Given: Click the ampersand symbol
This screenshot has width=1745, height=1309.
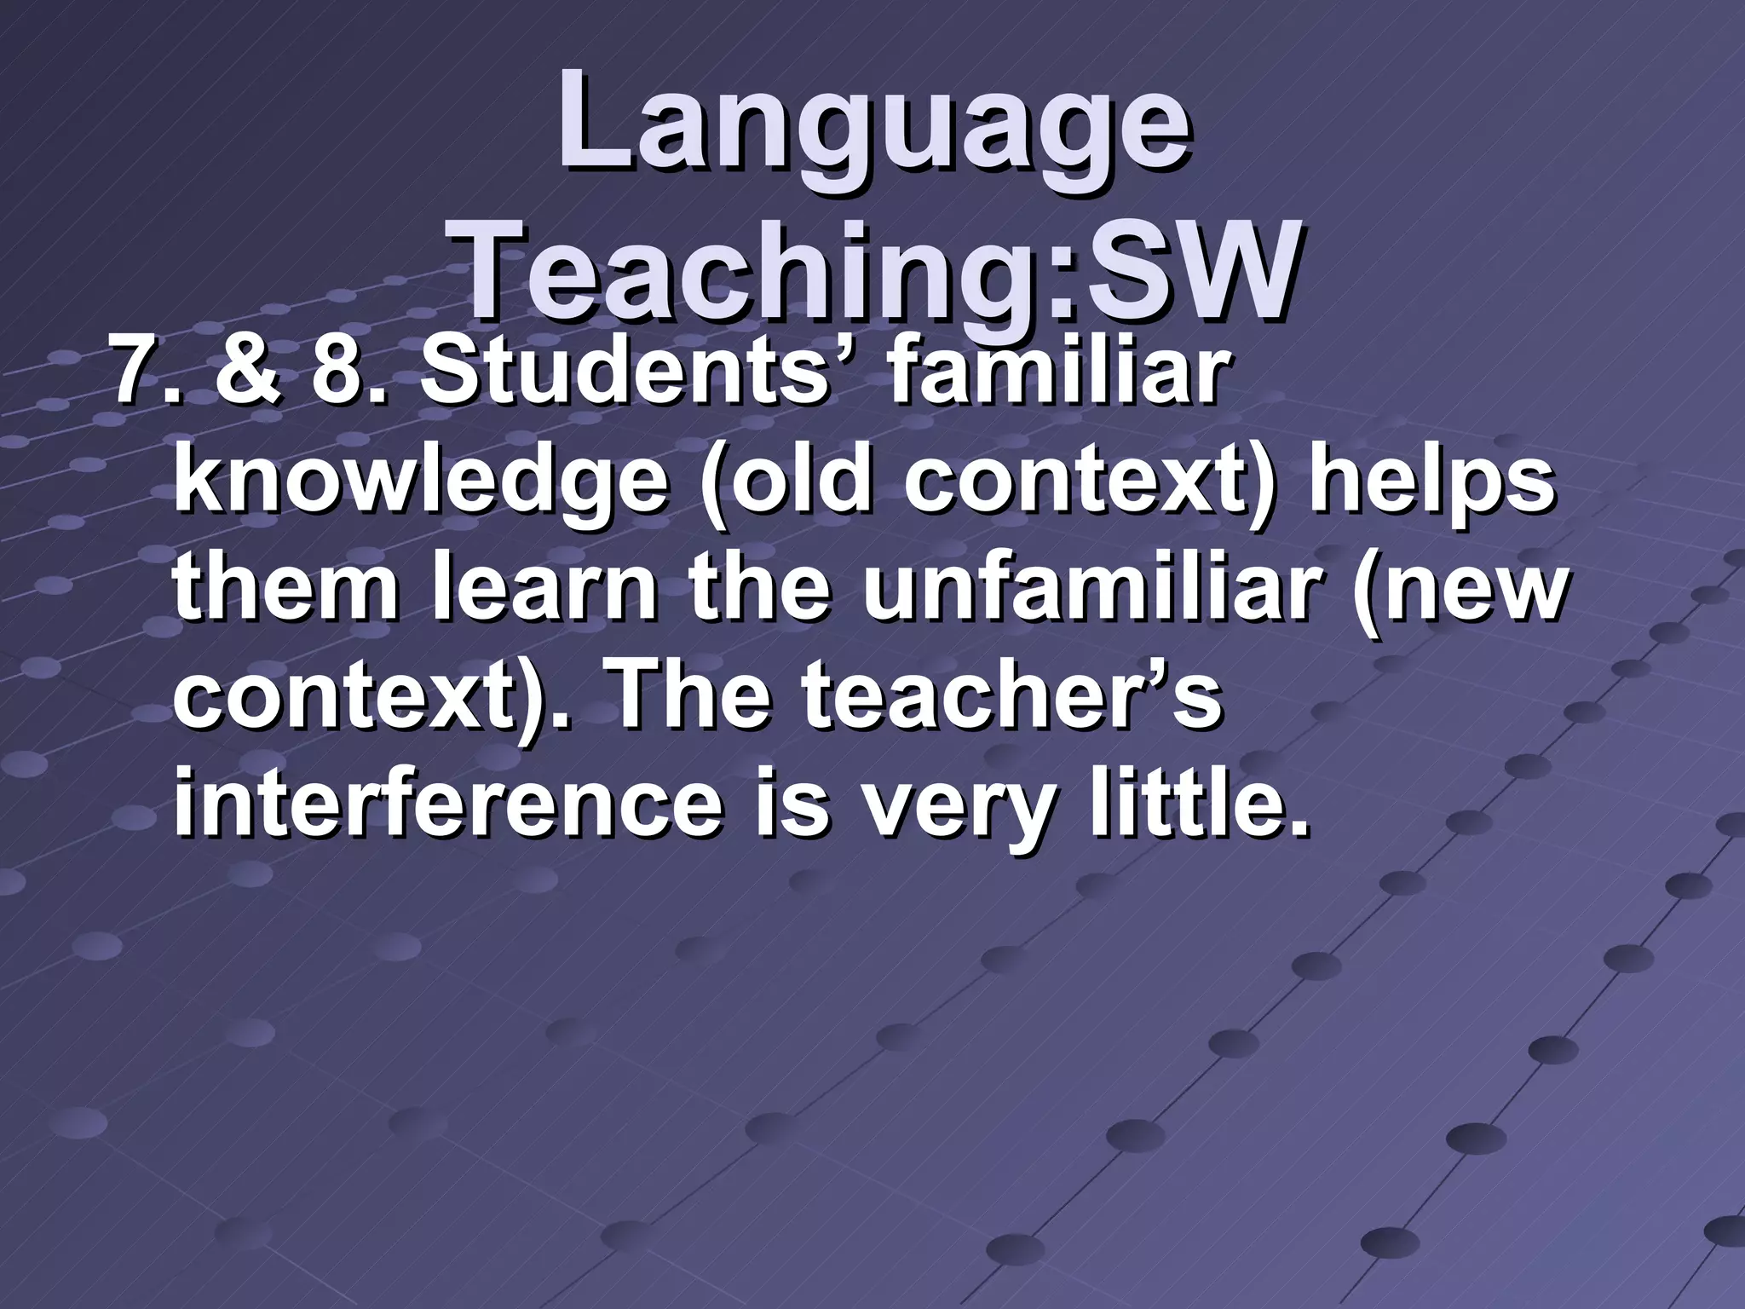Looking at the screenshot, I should click(248, 375).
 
